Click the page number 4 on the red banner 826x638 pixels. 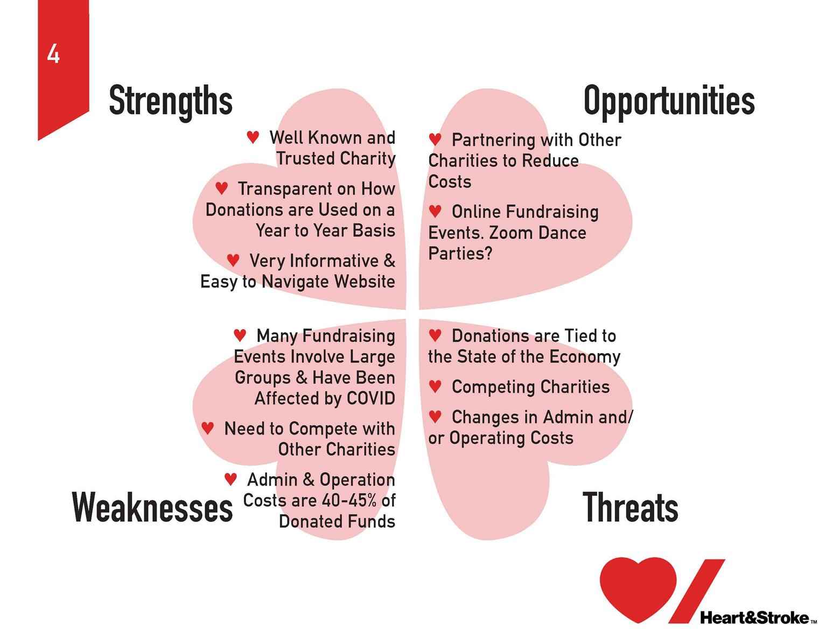[x=53, y=54]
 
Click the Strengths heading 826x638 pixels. [x=171, y=101]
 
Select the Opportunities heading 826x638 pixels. [x=669, y=101]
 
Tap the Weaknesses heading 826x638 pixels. [x=152, y=507]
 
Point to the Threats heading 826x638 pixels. [x=630, y=507]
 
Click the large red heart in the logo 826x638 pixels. [x=638, y=588]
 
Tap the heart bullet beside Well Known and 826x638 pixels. [x=253, y=137]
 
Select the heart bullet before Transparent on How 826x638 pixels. [x=221, y=188]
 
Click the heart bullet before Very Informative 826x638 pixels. [x=233, y=260]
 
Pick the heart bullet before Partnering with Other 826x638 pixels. [x=435, y=139]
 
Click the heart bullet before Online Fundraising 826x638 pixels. [x=435, y=211]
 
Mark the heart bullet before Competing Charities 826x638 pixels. [x=435, y=387]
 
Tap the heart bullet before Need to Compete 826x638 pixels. [x=207, y=428]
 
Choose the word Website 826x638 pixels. [x=365, y=282]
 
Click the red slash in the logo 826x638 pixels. [x=696, y=591]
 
